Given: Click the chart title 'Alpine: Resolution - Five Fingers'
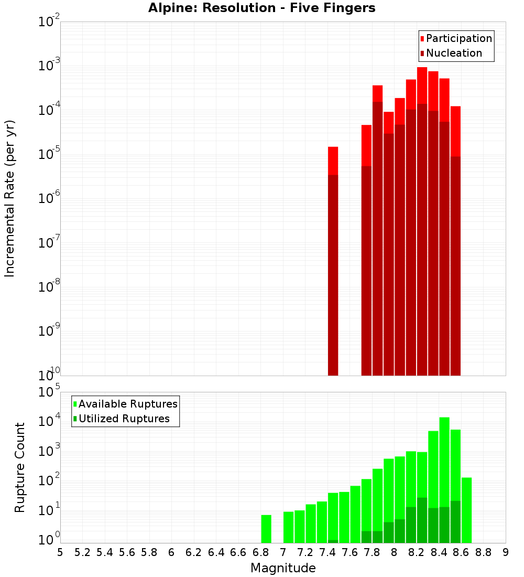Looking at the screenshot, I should coord(261,8).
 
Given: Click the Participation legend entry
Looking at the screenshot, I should coord(455,38).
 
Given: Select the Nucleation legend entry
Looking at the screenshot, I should coord(450,53).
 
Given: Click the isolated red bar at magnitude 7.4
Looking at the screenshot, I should coord(333,262).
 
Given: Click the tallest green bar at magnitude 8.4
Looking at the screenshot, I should coord(444,472).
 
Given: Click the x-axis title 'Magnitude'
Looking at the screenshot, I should coord(283,568).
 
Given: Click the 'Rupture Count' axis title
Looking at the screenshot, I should coord(20,467).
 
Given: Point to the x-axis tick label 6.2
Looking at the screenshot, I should coord(194,552).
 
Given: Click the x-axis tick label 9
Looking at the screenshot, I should coord(506,552).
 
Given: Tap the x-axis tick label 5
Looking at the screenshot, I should coord(60,552).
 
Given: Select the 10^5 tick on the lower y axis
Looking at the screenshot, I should coord(49,392).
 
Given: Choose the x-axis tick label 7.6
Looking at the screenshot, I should coord(350,552).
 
